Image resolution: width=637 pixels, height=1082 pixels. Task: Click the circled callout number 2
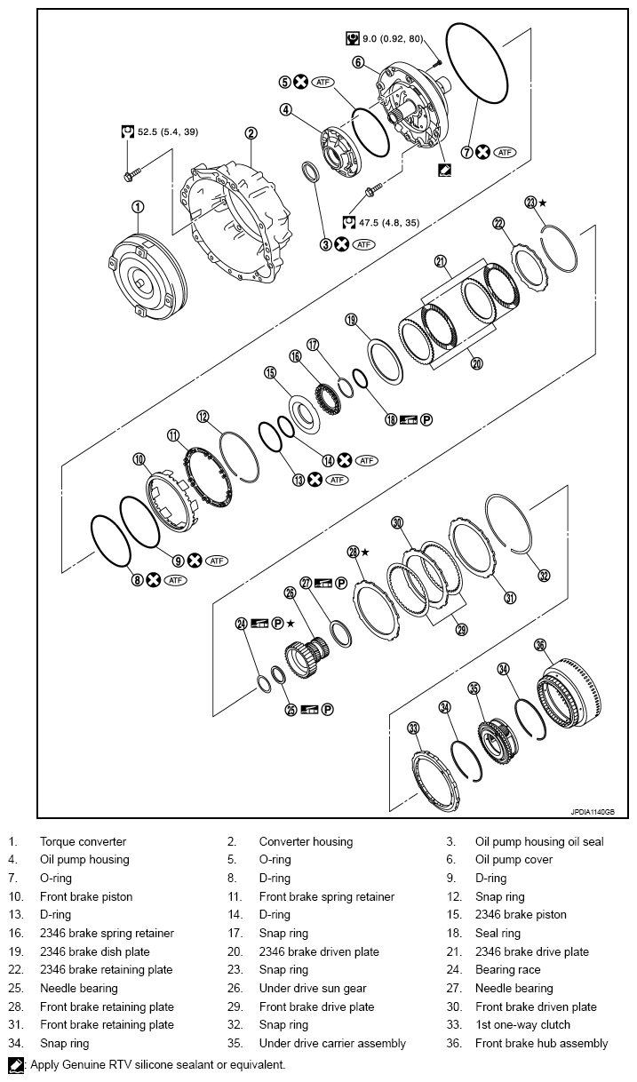click(251, 133)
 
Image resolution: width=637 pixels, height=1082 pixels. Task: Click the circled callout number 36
click(539, 645)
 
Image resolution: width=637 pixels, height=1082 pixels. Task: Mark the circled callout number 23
click(531, 203)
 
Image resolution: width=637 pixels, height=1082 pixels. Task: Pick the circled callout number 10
click(139, 459)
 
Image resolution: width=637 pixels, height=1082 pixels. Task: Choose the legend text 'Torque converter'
click(83, 841)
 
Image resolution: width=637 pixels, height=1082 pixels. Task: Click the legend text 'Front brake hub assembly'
click(541, 1043)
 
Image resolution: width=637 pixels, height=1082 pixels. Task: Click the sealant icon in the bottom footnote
click(15, 1064)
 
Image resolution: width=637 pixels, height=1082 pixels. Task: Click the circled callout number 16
click(295, 355)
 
